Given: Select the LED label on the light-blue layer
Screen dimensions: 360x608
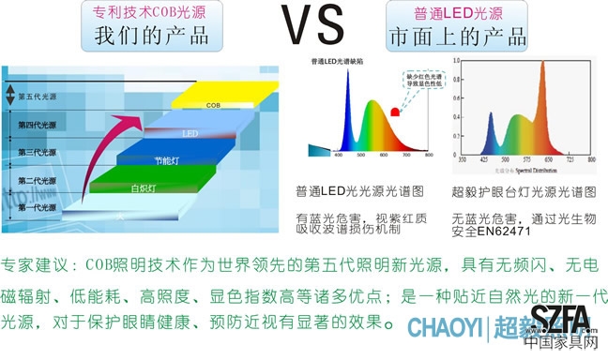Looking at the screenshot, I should pyautogui.click(x=190, y=133).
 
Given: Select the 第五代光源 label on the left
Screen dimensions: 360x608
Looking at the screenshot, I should pyautogui.click(x=38, y=97).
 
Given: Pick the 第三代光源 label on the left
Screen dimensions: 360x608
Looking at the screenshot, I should pyautogui.click(x=38, y=152).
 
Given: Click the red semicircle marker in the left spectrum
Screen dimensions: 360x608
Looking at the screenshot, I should pyautogui.click(x=396, y=112).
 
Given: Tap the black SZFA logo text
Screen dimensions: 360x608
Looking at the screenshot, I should pyautogui.click(x=560, y=320).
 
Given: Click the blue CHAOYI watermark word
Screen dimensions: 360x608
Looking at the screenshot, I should pyautogui.click(x=443, y=328).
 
